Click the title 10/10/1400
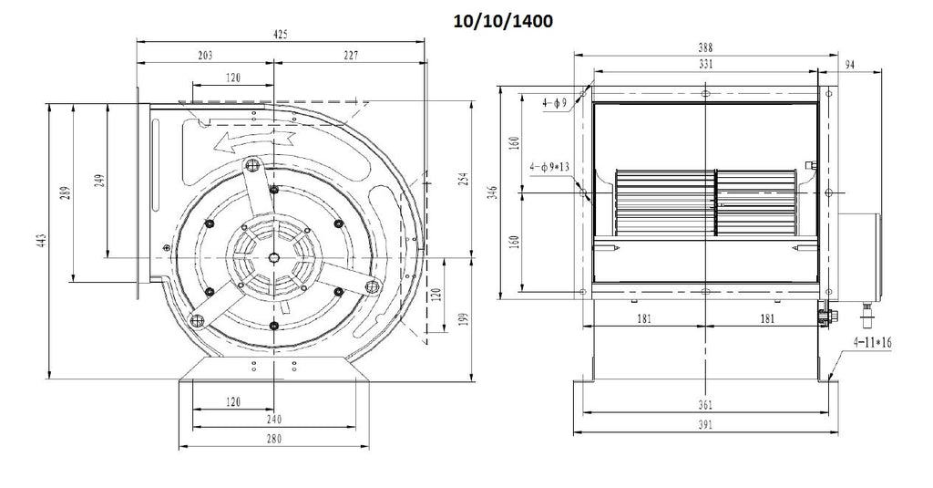(x=503, y=22)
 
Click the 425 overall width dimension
(x=281, y=34)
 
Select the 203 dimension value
(x=205, y=56)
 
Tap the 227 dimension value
(x=351, y=56)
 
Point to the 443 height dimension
(x=41, y=241)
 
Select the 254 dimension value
(x=465, y=179)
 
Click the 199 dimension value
(x=465, y=319)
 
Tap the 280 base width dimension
(x=273, y=439)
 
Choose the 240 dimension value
(x=273, y=420)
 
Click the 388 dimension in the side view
(x=704, y=47)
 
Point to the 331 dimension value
(x=704, y=64)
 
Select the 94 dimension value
(x=850, y=65)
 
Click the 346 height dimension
(x=492, y=192)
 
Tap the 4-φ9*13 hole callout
(x=549, y=167)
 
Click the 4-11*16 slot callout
(x=872, y=343)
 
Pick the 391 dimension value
(x=704, y=425)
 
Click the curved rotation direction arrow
(x=255, y=140)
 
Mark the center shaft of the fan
(x=273, y=257)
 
